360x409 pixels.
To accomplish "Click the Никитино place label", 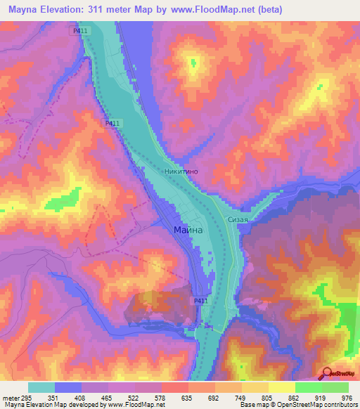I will [184, 171].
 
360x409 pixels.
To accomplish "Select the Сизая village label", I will [238, 219].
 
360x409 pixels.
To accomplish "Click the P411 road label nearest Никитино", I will [112, 124].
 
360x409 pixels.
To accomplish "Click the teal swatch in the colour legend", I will [41, 387].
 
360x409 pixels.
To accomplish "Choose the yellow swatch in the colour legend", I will [281, 387].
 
